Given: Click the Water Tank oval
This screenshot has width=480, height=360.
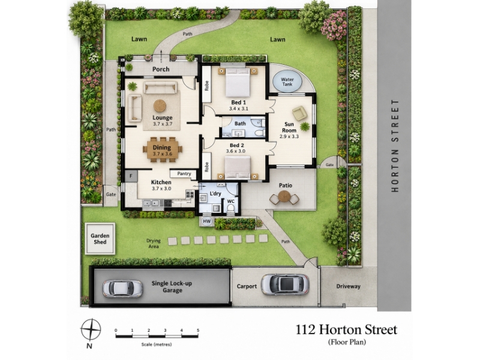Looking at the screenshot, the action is [x=287, y=82].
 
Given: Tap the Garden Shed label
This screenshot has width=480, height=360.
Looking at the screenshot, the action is [x=100, y=239].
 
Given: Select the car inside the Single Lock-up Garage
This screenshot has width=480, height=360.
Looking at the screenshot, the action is [x=122, y=289].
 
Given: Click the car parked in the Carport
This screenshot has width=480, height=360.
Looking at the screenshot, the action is [x=284, y=284].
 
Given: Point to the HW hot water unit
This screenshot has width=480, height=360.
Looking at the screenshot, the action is [x=207, y=221].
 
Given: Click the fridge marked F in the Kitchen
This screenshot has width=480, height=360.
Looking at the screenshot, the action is [x=131, y=176].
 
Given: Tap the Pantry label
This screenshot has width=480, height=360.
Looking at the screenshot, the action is [x=184, y=173].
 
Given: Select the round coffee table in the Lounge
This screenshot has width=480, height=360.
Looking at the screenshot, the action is [x=160, y=106].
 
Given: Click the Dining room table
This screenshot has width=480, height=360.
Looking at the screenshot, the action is [x=163, y=149].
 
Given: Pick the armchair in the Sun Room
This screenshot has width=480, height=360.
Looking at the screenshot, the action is [x=299, y=113].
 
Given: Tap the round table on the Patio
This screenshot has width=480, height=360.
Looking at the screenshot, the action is [x=284, y=197].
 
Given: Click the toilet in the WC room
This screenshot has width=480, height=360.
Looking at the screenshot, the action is [x=231, y=208].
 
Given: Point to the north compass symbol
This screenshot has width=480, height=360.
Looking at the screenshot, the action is [x=91, y=329].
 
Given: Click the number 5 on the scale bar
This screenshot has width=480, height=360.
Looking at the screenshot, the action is [x=198, y=331].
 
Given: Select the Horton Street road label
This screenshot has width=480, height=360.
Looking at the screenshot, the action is [x=395, y=145].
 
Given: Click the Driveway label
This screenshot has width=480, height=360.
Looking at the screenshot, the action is [x=349, y=286].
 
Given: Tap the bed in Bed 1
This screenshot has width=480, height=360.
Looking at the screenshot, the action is [x=238, y=82].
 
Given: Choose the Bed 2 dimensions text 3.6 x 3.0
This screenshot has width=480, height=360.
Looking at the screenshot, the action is [x=236, y=151].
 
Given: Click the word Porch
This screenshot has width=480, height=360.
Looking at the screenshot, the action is [x=161, y=69].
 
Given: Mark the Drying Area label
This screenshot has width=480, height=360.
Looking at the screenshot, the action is [x=154, y=244].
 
